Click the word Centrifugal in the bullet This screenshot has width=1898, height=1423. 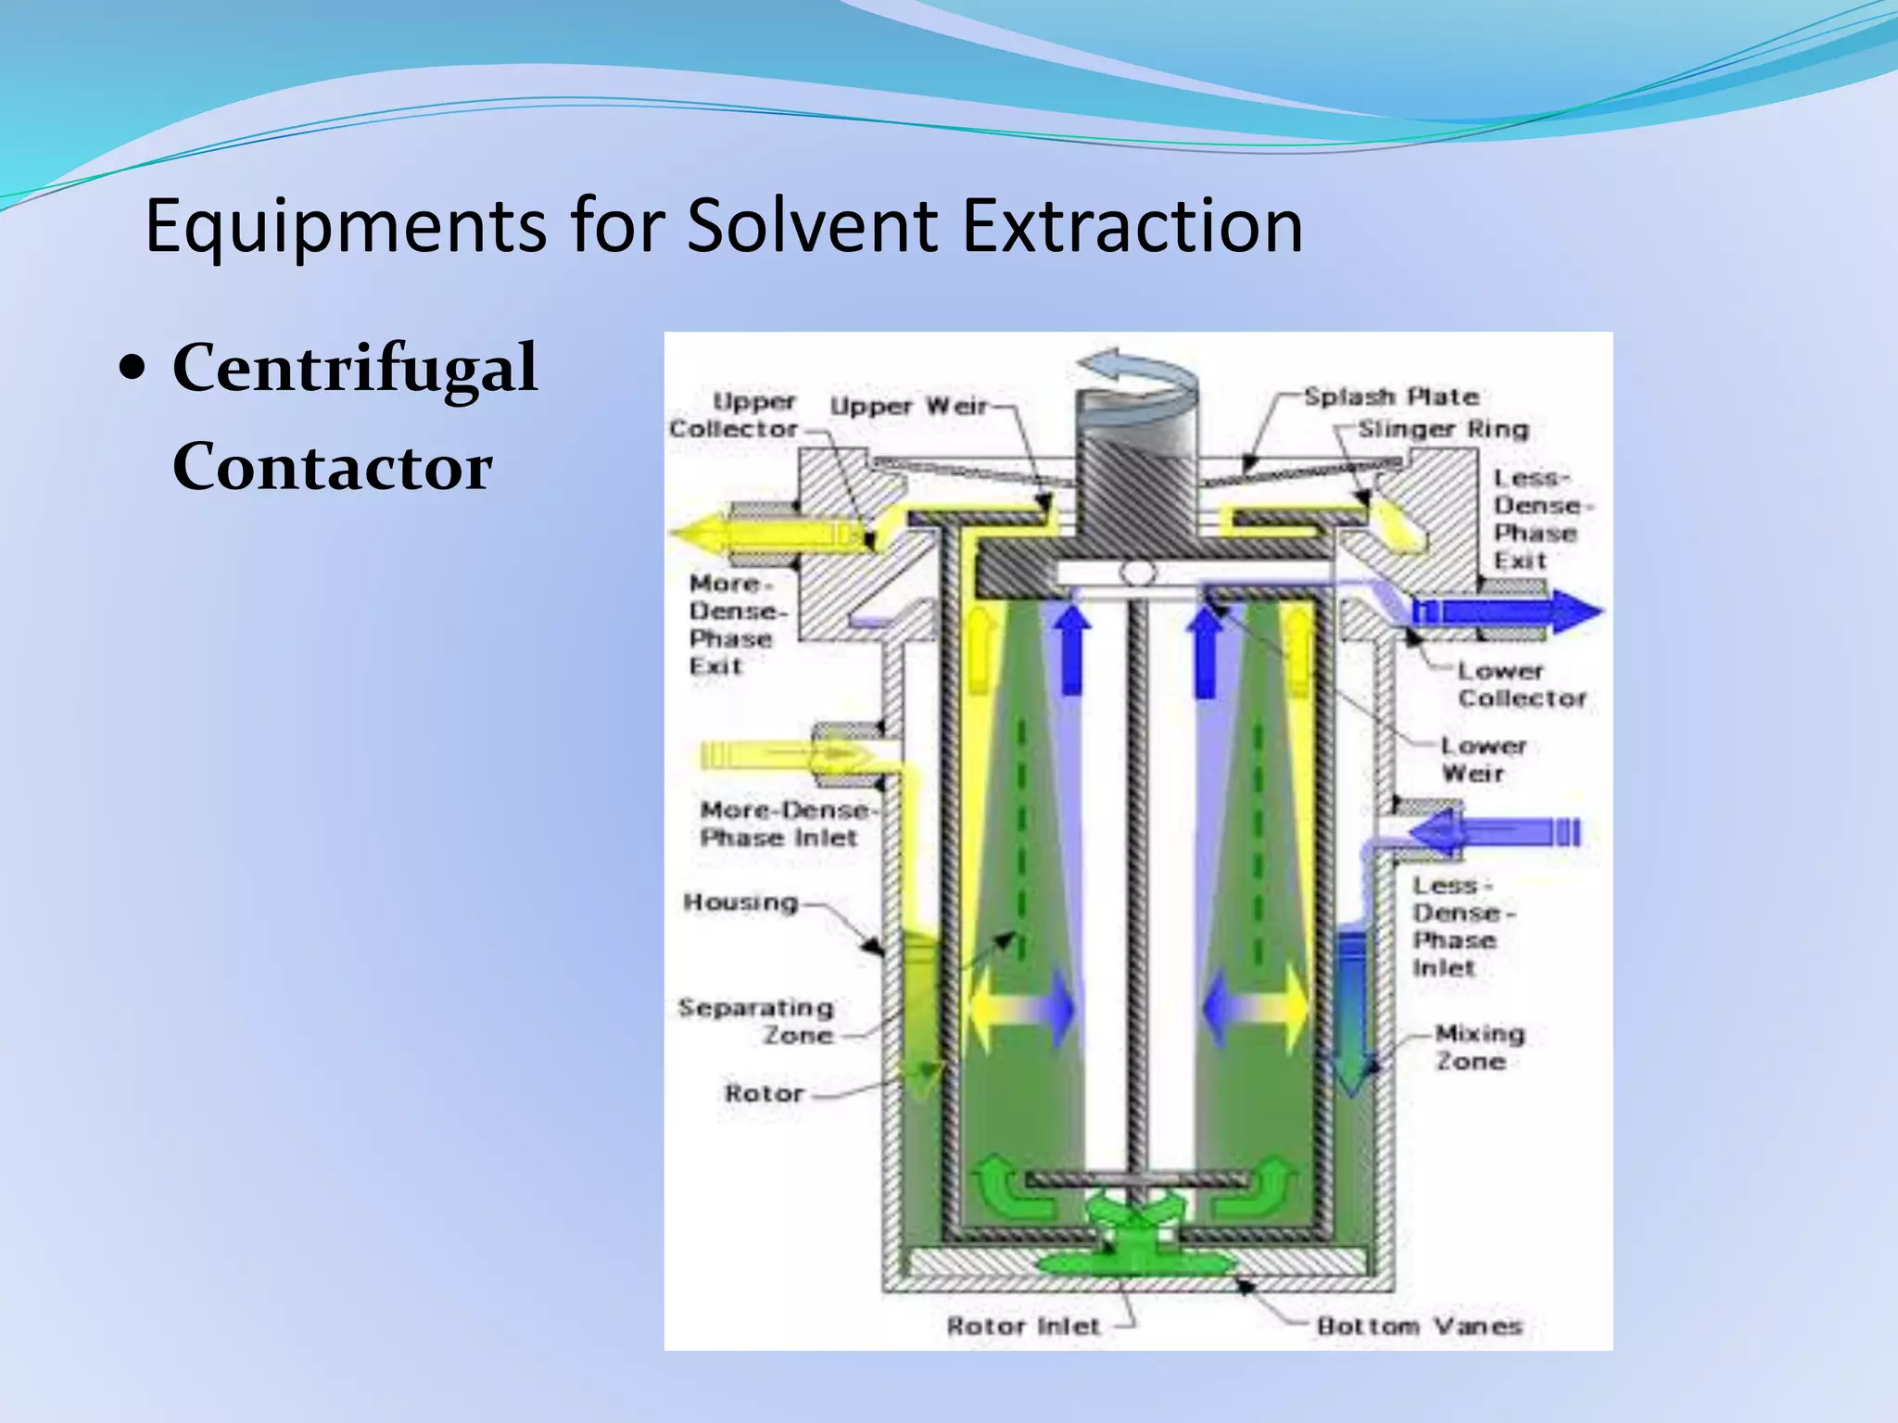coord(355,369)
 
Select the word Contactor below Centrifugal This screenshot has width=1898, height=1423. coord(332,467)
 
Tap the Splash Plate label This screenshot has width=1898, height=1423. coord(1390,397)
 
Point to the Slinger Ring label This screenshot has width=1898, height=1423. coord(1443,429)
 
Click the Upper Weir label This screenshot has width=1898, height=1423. coord(908,406)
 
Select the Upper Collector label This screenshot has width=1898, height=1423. coord(733,415)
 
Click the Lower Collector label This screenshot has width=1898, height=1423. coord(1521,684)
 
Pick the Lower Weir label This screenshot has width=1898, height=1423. coord(1482,759)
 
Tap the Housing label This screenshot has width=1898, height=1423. coord(740,902)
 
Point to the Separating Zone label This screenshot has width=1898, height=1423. coord(756,1021)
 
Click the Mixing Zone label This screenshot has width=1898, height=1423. coord(1479,1047)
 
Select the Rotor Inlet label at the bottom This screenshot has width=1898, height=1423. coord(1023,1327)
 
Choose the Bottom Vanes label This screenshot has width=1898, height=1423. coord(1419,1327)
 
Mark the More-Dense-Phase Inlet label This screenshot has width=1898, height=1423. coord(784,824)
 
